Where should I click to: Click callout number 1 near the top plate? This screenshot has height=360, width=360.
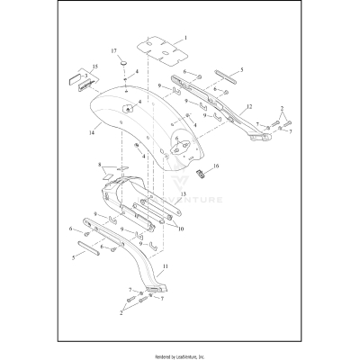click(x=184, y=39)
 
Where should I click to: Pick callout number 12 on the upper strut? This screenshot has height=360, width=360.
click(x=247, y=108)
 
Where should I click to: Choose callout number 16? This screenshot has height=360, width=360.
click(x=216, y=168)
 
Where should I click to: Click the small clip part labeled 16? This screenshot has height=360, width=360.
click(x=202, y=171)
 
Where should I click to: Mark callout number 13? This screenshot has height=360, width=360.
click(x=183, y=193)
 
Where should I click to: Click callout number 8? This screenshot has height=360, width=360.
click(x=99, y=166)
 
